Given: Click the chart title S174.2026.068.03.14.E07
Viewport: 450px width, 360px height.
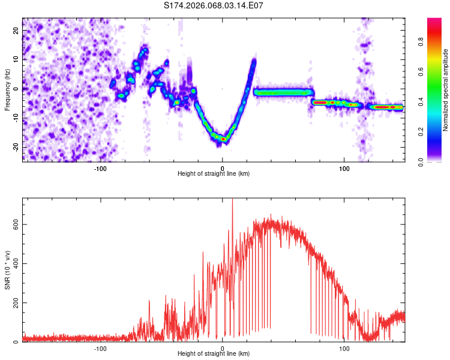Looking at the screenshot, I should [214, 5].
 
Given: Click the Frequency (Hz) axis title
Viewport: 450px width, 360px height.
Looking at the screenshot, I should [7, 89].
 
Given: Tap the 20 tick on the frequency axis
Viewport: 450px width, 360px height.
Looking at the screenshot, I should [16, 30].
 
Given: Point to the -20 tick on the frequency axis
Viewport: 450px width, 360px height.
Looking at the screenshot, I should [15, 147].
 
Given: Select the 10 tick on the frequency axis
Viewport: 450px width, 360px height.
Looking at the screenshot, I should [16, 59].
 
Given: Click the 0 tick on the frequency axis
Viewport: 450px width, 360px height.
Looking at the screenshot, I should [18, 89].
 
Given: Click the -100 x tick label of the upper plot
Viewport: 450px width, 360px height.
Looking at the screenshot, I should [100, 169].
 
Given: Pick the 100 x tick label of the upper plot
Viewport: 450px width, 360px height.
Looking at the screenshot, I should [344, 169].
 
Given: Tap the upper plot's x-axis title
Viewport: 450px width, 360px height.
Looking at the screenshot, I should [214, 174].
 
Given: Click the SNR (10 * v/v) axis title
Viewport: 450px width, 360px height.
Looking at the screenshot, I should [7, 270].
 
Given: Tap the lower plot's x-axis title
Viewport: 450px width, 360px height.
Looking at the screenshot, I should [214, 354].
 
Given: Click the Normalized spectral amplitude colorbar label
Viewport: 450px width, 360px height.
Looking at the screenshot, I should [446, 89].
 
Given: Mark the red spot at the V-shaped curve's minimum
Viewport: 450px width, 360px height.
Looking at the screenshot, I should [223, 139].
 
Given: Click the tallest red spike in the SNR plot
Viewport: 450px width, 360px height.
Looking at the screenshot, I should [232, 201].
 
